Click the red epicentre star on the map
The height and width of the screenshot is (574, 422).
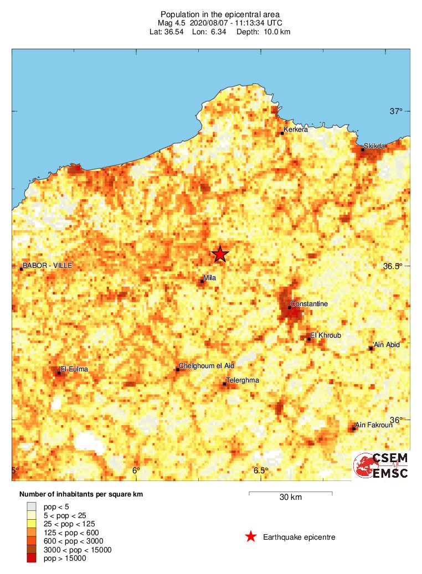220,254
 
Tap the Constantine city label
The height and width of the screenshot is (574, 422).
310,304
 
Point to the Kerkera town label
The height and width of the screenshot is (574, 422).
295,130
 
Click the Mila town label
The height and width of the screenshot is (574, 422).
209,277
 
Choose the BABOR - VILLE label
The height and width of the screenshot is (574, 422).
48,266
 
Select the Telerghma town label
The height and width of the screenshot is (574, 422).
243,380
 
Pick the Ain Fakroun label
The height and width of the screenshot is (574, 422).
374,425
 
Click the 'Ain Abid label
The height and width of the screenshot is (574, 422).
387,345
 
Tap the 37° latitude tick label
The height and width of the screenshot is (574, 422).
396,111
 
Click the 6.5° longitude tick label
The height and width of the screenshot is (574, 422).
261,470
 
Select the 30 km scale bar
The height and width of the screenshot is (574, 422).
290,492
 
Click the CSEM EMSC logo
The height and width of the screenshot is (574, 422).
382,466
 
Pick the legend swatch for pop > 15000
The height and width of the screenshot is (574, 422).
32,559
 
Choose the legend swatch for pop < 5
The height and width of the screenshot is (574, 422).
32,506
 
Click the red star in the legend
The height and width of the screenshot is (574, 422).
251,536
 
